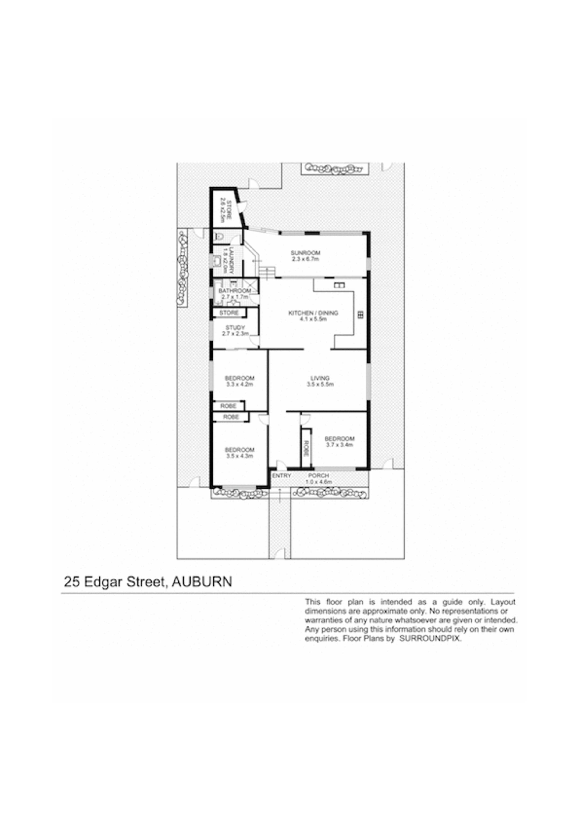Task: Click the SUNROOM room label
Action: pos(305,253)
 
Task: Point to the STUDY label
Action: pos(235,327)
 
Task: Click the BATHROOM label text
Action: pos(234,291)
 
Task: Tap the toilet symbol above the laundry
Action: pos(219,236)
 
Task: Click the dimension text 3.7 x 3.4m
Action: pos(339,445)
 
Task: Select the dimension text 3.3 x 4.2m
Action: pos(239,385)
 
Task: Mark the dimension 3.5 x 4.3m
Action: pos(239,456)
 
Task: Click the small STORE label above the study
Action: pos(229,313)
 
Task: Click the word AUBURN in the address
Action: pos(202,582)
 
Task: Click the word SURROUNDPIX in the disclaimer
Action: pos(430,639)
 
